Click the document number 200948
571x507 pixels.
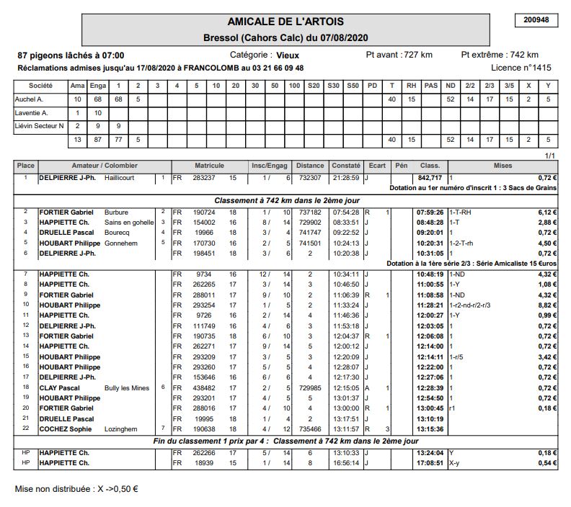point(536,20)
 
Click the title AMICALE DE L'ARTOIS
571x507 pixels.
point(285,22)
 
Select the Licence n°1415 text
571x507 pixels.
point(521,68)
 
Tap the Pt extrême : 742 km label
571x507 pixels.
point(500,55)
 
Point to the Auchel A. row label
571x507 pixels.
point(30,99)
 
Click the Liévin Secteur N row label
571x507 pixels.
point(40,126)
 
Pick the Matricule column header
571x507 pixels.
point(209,166)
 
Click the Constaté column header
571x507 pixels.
point(345,166)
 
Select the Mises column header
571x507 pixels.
point(503,166)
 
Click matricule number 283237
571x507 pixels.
point(204,177)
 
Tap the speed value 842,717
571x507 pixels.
point(430,177)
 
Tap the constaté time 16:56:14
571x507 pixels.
point(346,463)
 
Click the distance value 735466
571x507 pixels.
point(310,429)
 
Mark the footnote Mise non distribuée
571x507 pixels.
point(76,489)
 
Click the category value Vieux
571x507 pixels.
point(287,55)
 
